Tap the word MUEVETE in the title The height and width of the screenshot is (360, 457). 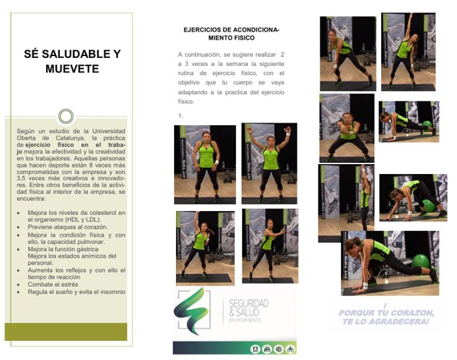click(68, 69)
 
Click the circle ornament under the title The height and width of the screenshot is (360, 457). click(65, 117)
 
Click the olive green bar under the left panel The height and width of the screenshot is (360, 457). click(65, 331)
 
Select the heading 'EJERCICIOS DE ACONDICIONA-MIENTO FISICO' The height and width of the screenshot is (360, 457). click(231, 34)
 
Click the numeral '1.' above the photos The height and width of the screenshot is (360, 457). click(180, 115)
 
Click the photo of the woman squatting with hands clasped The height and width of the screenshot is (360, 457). click(346, 128)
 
